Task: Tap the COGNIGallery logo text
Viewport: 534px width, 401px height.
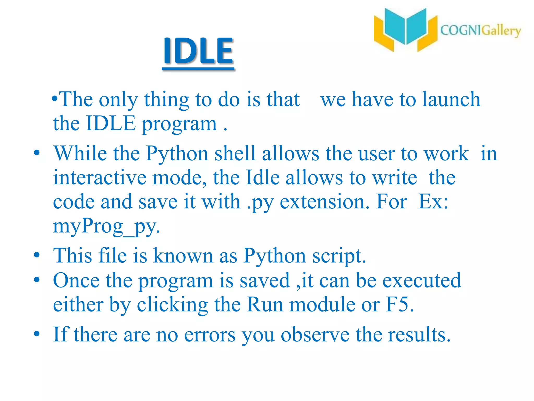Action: tap(480, 31)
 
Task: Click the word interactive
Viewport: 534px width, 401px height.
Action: tap(99, 178)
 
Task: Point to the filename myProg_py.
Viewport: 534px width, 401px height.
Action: tap(106, 226)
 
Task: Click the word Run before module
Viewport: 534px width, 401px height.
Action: tap(265, 304)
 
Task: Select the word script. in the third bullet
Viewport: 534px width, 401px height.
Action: tap(339, 256)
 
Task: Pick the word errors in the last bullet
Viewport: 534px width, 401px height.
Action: tap(210, 334)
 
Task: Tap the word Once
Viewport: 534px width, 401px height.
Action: tap(76, 280)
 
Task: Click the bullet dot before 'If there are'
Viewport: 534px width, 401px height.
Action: tap(37, 334)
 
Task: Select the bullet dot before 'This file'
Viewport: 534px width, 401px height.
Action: tap(37, 255)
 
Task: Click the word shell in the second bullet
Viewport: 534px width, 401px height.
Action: tap(235, 153)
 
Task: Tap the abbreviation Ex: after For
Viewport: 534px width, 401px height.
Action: tap(433, 202)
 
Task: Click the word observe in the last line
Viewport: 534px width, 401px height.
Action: tap(315, 334)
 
